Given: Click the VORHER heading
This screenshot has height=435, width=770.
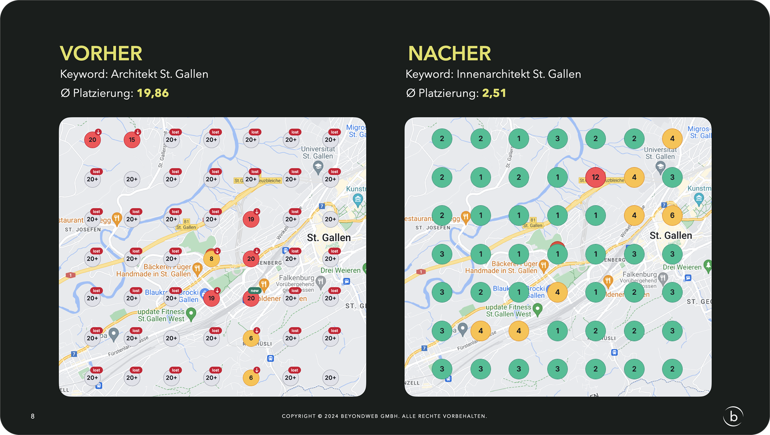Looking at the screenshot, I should tap(101, 53).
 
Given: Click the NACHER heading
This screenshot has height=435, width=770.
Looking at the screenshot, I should tap(449, 53).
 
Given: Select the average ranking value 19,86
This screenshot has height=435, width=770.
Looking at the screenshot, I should tap(153, 93).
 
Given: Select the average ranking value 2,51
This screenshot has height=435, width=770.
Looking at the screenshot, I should tap(494, 93).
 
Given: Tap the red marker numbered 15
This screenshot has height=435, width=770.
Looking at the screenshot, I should tap(132, 140).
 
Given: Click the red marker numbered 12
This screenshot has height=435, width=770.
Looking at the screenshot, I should tap(595, 177).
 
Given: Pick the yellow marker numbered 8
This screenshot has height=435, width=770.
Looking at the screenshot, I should tap(211, 259).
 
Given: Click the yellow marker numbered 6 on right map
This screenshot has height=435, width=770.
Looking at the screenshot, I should tap(672, 216).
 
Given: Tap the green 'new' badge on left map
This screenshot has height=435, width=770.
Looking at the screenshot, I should tap(254, 291).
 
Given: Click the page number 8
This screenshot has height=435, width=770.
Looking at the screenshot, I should tap(32, 416).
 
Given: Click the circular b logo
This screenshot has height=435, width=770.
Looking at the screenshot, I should tap(733, 416).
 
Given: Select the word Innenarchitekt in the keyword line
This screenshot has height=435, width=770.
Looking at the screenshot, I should tap(493, 74).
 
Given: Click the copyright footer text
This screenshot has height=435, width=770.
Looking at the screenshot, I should tap(384, 416).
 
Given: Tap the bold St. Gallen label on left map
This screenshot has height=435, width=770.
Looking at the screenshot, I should tap(329, 238).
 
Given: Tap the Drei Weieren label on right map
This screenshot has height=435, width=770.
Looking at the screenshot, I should tap(682, 267).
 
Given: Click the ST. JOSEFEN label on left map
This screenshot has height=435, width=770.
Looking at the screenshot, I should tap(83, 230).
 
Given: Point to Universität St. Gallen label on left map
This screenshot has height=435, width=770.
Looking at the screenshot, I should tap(318, 153).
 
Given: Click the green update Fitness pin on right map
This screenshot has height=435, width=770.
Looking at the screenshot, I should tap(537, 309).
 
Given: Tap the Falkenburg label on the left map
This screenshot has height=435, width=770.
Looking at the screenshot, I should tap(296, 277).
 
